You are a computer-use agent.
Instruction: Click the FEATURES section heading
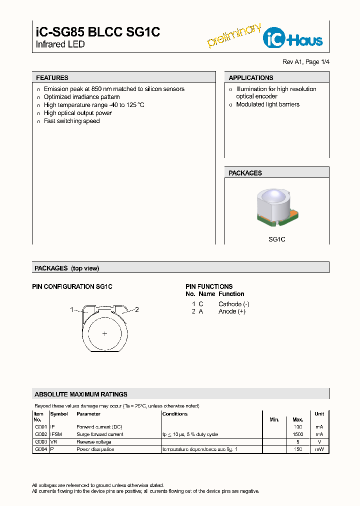(x=52, y=78)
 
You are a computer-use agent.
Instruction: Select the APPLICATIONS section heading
(x=250, y=78)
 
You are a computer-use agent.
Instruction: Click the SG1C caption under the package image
(x=276, y=239)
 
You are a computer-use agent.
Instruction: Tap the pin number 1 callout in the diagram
(x=72, y=309)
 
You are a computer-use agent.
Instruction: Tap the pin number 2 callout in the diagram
(x=136, y=309)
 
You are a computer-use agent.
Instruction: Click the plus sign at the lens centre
(x=105, y=333)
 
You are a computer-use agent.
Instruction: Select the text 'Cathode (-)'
(x=233, y=304)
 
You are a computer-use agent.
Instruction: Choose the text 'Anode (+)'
(x=231, y=311)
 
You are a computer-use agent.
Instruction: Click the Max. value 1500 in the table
(x=297, y=434)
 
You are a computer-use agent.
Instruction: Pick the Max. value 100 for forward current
(x=298, y=427)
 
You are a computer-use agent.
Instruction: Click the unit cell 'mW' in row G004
(x=319, y=449)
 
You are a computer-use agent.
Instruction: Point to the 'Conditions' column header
(x=175, y=414)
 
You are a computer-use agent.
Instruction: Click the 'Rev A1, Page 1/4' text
(x=306, y=62)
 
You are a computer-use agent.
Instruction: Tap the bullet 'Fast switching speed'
(x=71, y=121)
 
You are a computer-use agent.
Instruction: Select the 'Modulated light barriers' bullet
(x=267, y=104)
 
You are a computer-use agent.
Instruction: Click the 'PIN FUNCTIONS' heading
(x=209, y=286)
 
